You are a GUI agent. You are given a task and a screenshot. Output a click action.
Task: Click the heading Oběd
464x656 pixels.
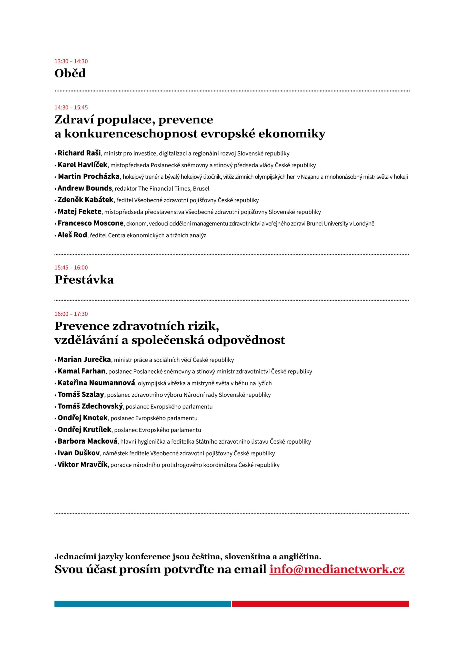coord(70,74)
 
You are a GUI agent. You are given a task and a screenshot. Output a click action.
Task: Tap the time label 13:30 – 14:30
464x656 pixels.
coord(71,61)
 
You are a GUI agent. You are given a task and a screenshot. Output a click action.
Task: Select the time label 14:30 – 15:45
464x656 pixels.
coord(71,108)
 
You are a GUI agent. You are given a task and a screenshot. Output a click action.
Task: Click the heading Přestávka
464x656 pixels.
coord(84,280)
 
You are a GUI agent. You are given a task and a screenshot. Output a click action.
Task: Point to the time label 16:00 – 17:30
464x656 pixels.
coord(71,314)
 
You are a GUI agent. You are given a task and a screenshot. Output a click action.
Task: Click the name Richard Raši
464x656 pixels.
coord(79,153)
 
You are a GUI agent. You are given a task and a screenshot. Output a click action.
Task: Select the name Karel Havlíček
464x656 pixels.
coord(82,165)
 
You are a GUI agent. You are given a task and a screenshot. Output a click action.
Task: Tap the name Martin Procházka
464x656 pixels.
coord(89,177)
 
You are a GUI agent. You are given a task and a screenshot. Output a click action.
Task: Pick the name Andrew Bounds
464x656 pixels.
coord(85,188)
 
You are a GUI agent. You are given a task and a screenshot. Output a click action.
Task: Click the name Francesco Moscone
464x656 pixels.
coord(91,223)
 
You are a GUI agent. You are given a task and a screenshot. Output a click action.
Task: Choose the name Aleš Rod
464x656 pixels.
coord(72,235)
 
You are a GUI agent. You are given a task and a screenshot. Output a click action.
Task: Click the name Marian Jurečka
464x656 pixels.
coord(84,360)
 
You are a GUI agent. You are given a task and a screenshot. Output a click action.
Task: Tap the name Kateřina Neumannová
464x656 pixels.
coord(96,383)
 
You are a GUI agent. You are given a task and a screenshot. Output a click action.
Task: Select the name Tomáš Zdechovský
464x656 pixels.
coord(90,406)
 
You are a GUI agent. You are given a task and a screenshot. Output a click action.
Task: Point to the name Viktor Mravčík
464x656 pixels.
coord(83,465)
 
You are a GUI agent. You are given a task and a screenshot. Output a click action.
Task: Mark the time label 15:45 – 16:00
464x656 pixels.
coord(71,268)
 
